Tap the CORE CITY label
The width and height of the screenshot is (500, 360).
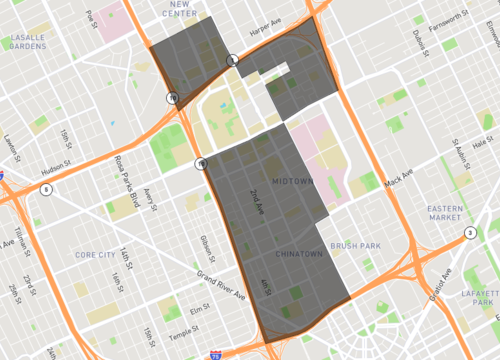[x=97, y=255]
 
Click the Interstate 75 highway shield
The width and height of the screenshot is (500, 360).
[x=217, y=354]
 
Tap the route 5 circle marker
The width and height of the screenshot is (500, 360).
[x=46, y=188]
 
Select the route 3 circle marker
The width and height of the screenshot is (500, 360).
[x=469, y=233]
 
